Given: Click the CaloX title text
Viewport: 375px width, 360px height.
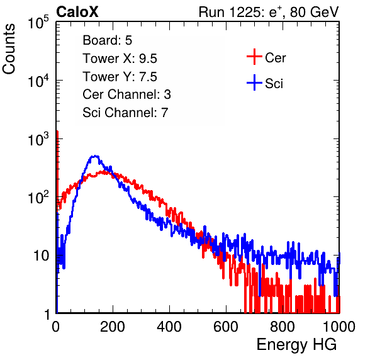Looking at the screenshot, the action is pos(77,12).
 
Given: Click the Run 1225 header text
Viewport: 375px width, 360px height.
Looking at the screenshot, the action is pos(269,12).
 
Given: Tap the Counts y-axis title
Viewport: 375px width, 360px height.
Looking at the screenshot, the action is pos(9,49).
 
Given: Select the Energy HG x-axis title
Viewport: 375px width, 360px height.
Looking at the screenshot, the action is pos(296,345).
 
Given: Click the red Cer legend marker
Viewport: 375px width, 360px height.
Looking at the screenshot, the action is pos(254,57).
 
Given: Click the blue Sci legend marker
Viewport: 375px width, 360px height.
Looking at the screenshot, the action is pos(254,82).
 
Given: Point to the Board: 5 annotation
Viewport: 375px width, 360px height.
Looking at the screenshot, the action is pos(108,40).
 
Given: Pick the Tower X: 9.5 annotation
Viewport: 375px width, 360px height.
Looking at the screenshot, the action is pos(120,59).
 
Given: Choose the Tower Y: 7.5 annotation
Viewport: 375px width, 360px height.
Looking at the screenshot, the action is pos(120,77).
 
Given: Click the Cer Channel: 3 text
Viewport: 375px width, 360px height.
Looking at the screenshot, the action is pos(126,94).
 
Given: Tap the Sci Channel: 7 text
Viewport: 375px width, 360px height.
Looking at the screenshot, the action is pos(125,113).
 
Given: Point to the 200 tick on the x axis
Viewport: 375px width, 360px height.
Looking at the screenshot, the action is pos(113,327).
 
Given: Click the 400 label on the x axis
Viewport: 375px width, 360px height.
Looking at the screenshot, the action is pos(169,327).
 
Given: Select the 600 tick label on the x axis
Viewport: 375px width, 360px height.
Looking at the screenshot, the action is pos(226,327).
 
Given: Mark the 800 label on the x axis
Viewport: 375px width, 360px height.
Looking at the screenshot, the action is pos(283,327).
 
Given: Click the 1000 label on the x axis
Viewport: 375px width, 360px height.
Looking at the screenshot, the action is pos(339,327).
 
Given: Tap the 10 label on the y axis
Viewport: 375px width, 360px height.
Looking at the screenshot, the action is pos(42,256).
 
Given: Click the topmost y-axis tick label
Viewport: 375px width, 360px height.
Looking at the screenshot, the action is pos(39,22).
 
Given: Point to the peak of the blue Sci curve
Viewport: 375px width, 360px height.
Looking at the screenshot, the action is pos(95,156).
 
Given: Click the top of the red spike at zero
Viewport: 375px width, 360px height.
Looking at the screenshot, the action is pos(57,132).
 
